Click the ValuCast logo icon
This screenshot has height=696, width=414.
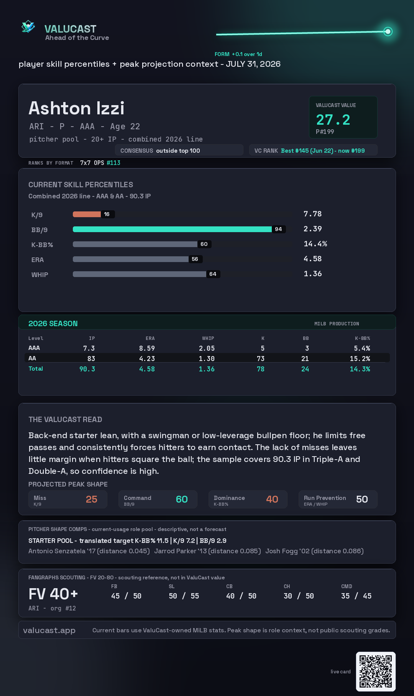[28, 26]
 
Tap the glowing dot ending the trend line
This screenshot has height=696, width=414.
[388, 31]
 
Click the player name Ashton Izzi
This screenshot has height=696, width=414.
[77, 108]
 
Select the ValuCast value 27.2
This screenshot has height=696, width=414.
[333, 120]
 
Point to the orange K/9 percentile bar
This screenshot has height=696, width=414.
[87, 214]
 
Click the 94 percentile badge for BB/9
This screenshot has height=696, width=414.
[278, 229]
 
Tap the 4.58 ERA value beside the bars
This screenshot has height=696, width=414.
[312, 259]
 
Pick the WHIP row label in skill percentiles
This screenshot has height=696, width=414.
[40, 275]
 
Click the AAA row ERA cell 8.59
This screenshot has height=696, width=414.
[147, 348]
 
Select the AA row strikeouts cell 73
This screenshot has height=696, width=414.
[261, 359]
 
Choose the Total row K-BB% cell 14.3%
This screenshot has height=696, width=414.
[360, 369]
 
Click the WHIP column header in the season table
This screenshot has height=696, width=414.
[208, 338]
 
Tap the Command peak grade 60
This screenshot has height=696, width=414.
[182, 499]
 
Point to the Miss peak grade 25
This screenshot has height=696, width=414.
[92, 499]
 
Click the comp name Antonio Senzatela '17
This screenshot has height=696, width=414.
[62, 551]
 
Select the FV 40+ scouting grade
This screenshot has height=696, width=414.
[53, 594]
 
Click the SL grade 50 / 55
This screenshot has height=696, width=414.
[184, 596]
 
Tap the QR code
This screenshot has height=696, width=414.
[376, 671]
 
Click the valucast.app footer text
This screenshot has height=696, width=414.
[49, 630]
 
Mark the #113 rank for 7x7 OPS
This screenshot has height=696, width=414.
[113, 163]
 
